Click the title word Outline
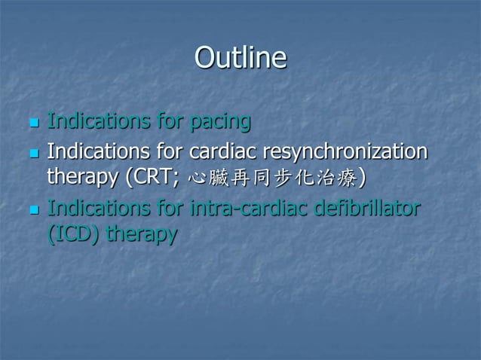pyautogui.click(x=240, y=58)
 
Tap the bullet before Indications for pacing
pyautogui.click(x=32, y=123)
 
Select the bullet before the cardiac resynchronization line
pyautogui.click(x=32, y=154)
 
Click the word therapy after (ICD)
pyautogui.click(x=142, y=235)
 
